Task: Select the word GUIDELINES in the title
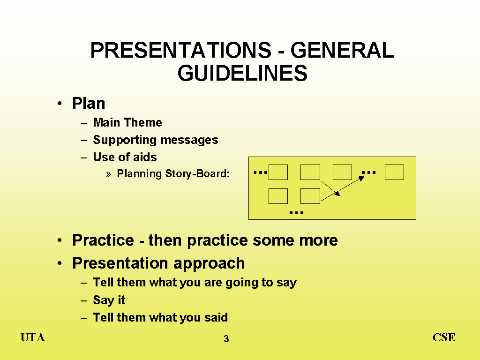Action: pos(242,73)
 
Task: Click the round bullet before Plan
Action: pos(60,103)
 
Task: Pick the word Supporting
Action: pos(125,140)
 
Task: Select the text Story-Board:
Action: pos(197,173)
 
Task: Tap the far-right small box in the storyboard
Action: pos(394,172)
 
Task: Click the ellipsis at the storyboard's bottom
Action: pos(296,212)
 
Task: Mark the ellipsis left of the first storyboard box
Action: pos(261,172)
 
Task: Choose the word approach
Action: pos(209,264)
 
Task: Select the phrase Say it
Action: pos(109,300)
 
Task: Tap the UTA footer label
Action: pos(33,337)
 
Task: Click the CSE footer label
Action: pos(444,337)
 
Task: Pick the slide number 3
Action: pos(226,339)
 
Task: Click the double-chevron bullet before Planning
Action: pos(108,174)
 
